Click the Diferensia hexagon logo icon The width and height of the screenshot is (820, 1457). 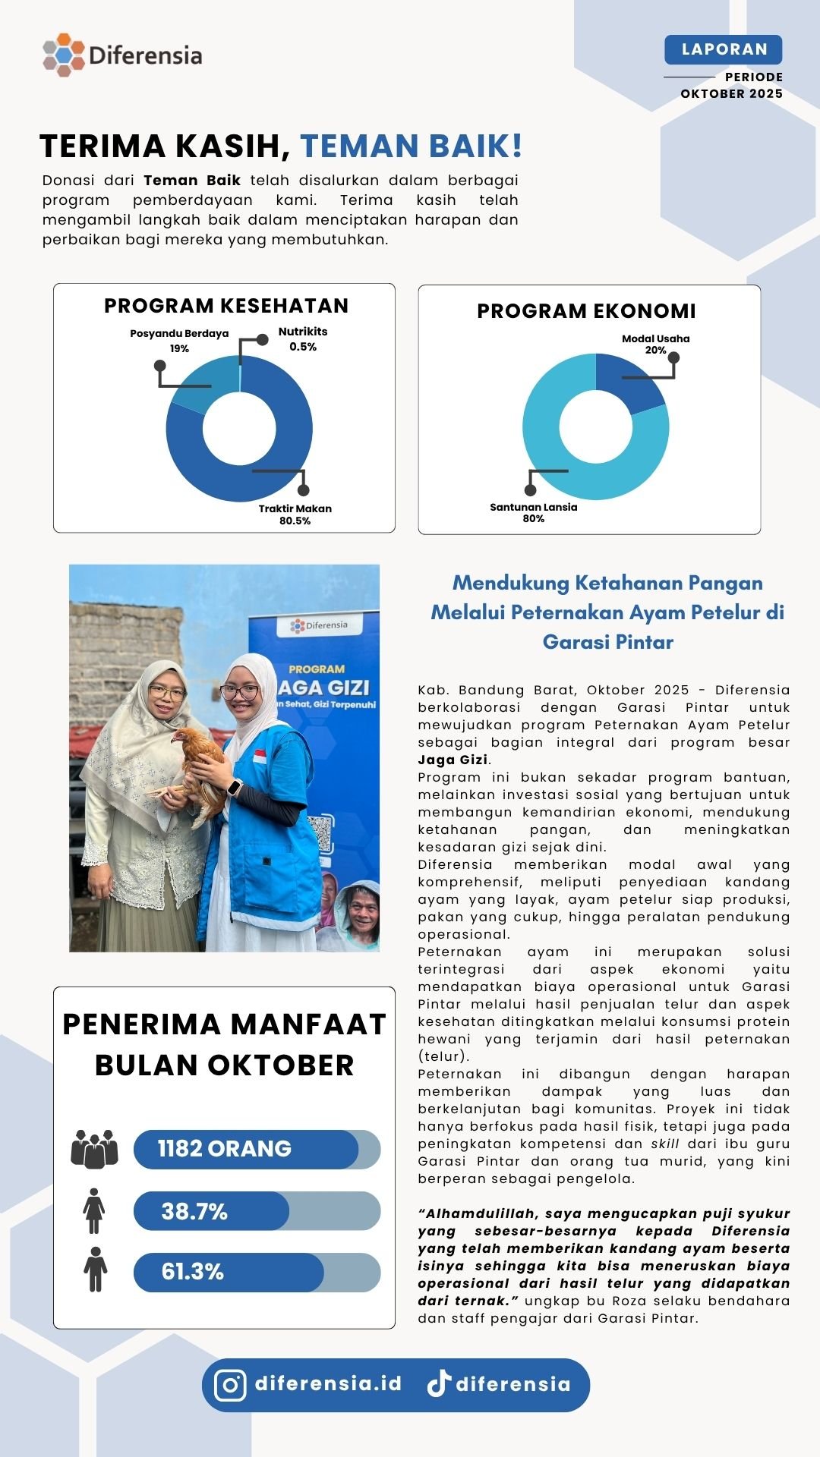[x=64, y=55]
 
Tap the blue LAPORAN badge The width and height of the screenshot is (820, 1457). [x=723, y=49]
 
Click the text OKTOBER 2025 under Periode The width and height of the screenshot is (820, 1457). [x=731, y=94]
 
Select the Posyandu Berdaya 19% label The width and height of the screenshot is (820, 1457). [x=179, y=341]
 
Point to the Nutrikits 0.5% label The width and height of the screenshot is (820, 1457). [x=302, y=338]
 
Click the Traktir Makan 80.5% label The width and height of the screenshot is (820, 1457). [x=295, y=515]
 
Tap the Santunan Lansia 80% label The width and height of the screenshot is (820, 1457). [x=533, y=513]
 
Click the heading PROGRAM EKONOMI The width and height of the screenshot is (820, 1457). [x=586, y=311]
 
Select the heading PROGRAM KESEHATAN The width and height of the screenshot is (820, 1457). [x=226, y=306]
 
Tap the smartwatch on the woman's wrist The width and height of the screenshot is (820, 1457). [x=235, y=787]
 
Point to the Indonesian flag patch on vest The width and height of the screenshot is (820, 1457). [x=260, y=757]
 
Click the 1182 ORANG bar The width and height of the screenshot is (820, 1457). [x=256, y=1149]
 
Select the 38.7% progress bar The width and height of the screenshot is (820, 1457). [x=256, y=1211]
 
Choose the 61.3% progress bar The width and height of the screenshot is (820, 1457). [x=256, y=1272]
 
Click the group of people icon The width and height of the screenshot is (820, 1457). [x=94, y=1149]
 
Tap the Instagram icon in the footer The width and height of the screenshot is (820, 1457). [x=230, y=1385]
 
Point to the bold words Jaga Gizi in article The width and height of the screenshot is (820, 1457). [x=453, y=760]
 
